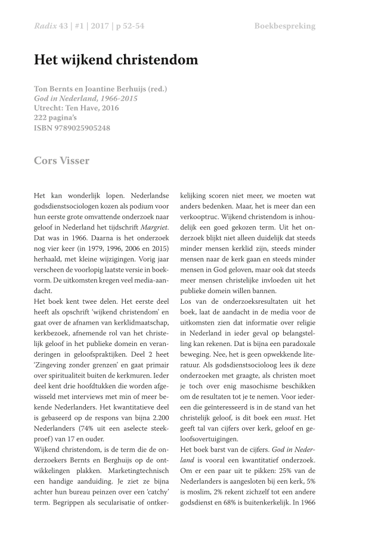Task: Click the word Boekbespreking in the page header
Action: coord(284,26)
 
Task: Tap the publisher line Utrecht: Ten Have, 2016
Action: coord(76,108)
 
